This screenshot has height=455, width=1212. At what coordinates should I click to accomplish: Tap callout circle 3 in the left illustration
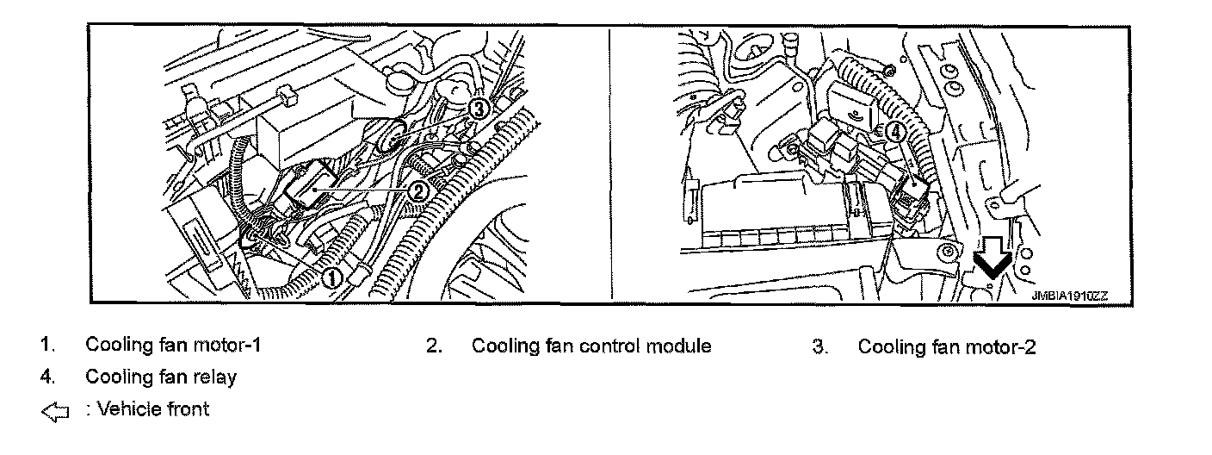[479, 108]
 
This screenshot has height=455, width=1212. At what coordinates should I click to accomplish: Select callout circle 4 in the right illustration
[895, 132]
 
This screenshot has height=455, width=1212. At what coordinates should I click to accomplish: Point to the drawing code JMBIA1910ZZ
[1069, 295]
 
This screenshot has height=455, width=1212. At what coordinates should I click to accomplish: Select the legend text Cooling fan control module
[591, 346]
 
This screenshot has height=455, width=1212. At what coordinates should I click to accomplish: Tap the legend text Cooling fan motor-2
[947, 347]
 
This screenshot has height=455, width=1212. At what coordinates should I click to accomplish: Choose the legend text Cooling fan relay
[161, 377]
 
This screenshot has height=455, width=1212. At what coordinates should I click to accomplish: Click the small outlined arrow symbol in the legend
[53, 413]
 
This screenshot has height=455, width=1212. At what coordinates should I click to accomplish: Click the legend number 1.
[46, 346]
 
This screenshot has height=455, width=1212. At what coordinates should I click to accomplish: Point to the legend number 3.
[819, 347]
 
